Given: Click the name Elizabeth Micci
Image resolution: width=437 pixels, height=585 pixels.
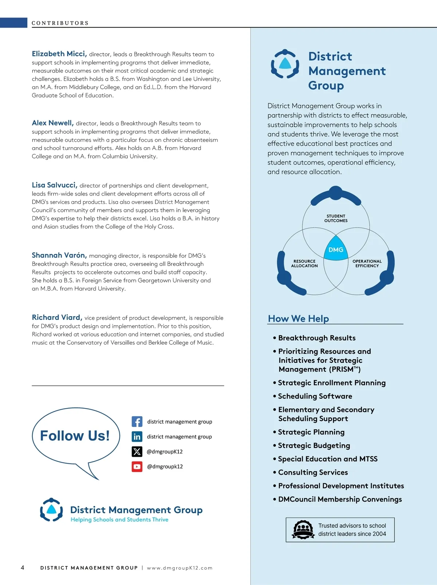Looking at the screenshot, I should pos(59,54).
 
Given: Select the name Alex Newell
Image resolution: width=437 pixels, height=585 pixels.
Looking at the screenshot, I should pos(52,123).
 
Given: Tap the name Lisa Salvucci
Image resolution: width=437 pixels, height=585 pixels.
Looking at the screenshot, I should pos(54,185).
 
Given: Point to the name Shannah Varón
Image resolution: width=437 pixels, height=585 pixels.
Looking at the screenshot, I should pos(59,255).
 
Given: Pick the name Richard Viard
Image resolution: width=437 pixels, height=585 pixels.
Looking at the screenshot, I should pos(57,317).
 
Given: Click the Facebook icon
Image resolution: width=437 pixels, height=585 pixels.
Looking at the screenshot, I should pos(137,421).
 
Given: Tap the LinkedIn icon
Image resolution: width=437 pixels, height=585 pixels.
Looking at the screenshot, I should pos(137,436).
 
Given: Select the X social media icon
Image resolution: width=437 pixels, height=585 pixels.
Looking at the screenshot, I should pos(137,451).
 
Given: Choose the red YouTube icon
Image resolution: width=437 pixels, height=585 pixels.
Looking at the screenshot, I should pos(137,466).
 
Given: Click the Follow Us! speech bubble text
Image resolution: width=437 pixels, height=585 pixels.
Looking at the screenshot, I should pos(75,436).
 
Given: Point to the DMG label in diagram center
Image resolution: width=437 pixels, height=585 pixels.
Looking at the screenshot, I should pos(336,250).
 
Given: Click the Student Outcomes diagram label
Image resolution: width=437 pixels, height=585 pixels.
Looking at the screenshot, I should pos(336,218).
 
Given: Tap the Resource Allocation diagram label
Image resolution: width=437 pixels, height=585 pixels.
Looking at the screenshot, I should pos(304,263).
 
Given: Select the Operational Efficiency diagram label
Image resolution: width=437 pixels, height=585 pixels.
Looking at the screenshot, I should pos(367,263).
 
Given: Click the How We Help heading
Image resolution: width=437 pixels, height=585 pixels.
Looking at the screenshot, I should pos(298,318).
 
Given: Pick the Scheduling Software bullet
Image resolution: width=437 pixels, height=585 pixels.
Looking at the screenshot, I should pos(315,396).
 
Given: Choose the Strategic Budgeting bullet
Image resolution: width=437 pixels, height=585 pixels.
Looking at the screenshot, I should pos(314,445).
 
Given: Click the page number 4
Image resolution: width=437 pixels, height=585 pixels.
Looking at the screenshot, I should pos(23,568).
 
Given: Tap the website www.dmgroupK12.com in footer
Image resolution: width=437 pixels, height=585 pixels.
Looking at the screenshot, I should pos(180,568).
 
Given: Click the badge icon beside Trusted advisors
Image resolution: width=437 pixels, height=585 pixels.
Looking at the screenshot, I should pos(303,530).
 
